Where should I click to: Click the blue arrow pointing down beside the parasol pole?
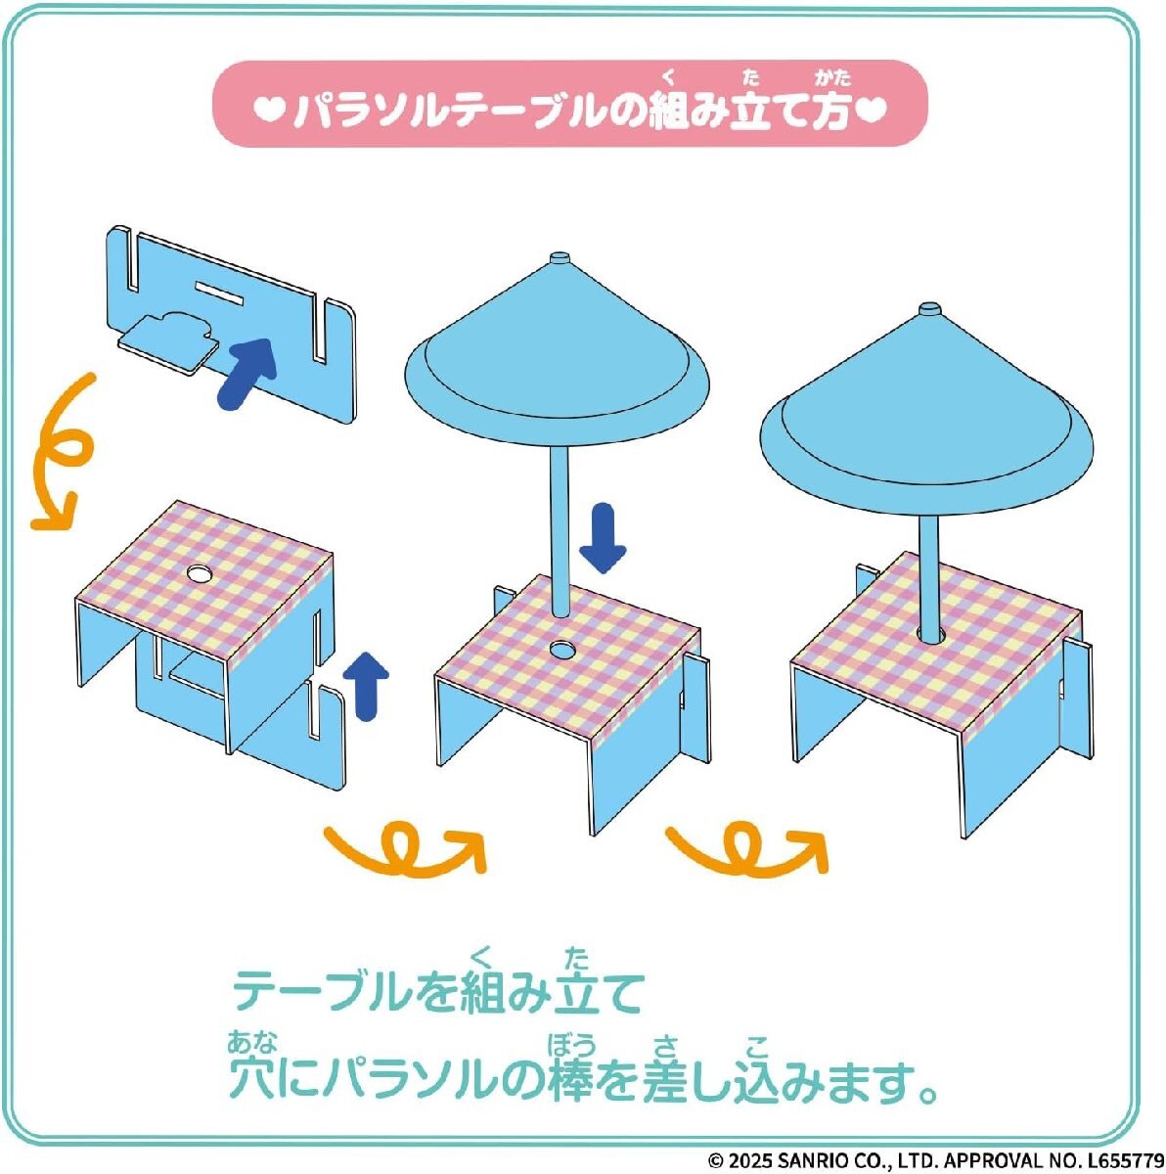click(x=604, y=538)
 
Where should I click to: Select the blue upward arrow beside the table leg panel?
click(x=366, y=686)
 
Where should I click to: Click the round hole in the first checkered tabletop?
click(x=198, y=572)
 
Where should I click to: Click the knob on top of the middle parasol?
click(x=560, y=257)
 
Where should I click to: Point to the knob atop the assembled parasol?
click(x=928, y=309)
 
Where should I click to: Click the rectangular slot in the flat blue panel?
click(x=219, y=293)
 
